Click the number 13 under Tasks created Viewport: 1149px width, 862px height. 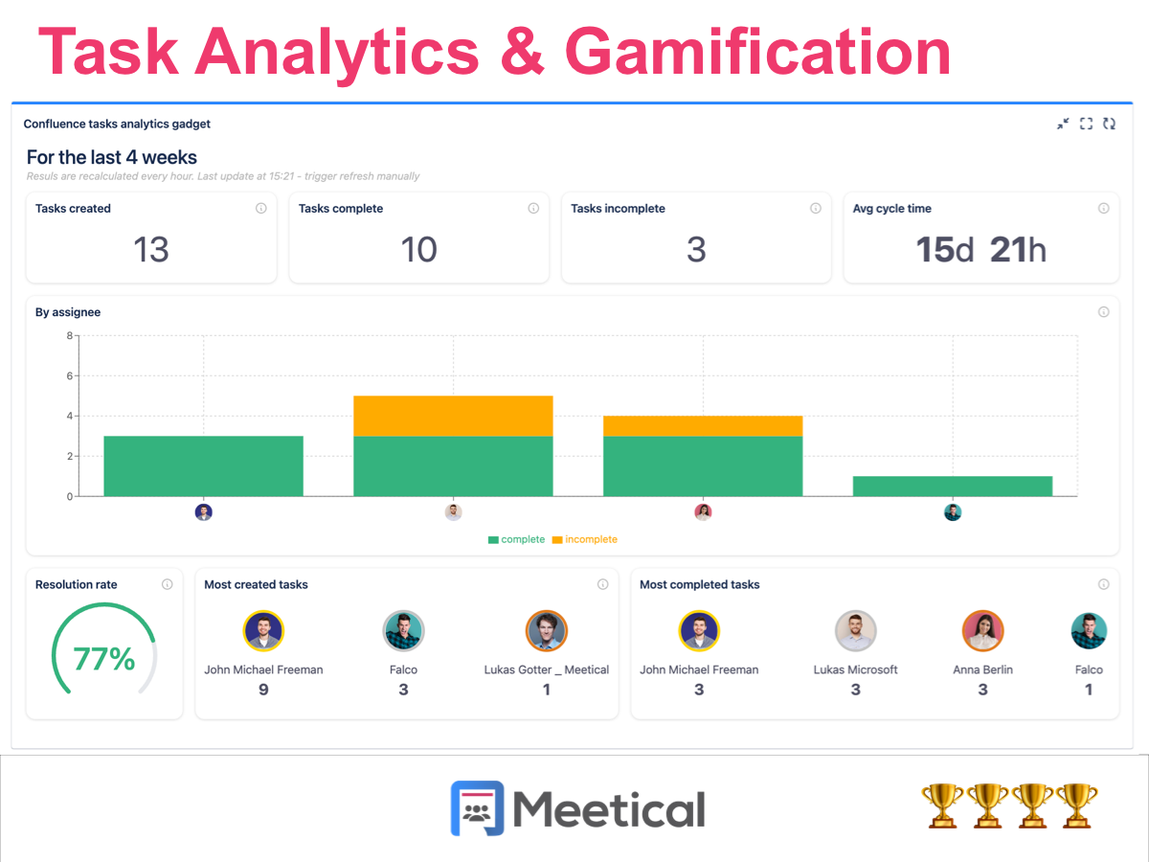(x=151, y=250)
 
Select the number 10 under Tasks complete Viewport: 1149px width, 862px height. (x=418, y=250)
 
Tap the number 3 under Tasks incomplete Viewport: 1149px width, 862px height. (x=696, y=250)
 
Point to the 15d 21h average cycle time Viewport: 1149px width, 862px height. (x=980, y=250)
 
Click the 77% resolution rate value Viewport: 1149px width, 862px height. (x=103, y=659)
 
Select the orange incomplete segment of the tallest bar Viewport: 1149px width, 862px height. (x=453, y=416)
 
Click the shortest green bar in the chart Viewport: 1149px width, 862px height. (x=952, y=486)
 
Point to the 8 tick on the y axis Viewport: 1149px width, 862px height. (x=69, y=335)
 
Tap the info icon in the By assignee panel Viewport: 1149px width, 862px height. (x=1103, y=312)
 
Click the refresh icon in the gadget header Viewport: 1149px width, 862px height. (x=1110, y=124)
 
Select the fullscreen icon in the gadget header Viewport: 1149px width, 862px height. (x=1086, y=124)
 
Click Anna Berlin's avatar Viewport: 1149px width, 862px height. (x=982, y=631)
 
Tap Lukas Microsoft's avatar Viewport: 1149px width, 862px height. (x=855, y=631)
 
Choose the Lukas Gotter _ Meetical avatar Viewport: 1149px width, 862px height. (x=546, y=631)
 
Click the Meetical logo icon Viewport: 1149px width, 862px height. (x=477, y=808)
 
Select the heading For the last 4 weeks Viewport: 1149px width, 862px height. (x=112, y=157)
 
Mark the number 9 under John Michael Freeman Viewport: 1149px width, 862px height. (x=263, y=690)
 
